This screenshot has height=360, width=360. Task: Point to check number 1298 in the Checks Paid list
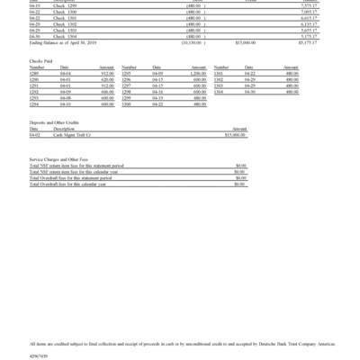click(129, 93)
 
